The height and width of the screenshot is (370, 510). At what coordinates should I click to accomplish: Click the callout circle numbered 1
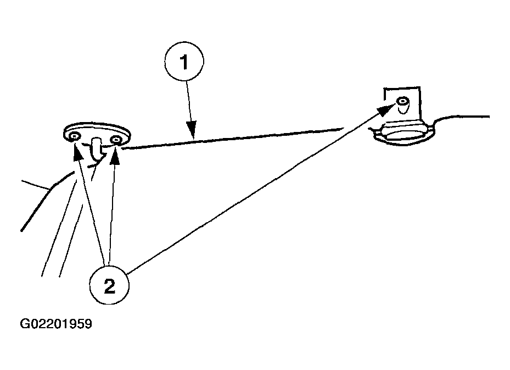tap(184, 61)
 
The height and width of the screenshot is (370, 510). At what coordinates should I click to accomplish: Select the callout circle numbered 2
tap(109, 285)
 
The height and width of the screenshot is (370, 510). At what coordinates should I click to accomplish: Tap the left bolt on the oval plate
tap(75, 136)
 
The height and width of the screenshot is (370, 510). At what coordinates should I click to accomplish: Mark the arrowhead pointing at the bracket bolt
tap(386, 109)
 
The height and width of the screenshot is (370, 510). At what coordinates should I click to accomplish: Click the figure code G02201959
tap(56, 324)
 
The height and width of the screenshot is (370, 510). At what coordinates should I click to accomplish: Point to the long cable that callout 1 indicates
tap(233, 139)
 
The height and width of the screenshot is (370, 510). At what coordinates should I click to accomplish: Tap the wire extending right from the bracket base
tap(462, 117)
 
